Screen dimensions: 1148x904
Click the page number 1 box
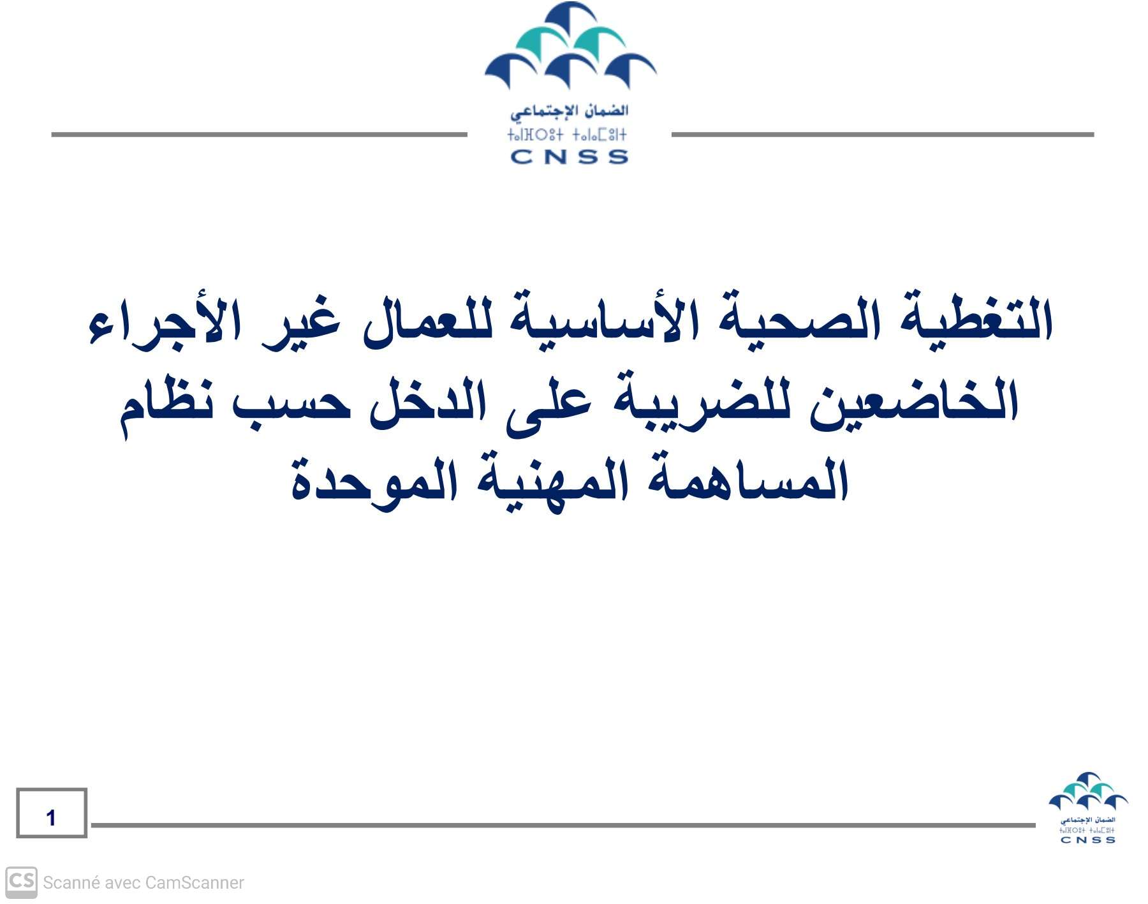(52, 813)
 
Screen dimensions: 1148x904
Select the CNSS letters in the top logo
(570, 157)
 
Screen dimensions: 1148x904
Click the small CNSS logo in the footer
(1088, 808)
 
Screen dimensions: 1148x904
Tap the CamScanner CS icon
(21, 882)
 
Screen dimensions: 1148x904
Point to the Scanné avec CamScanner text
(143, 883)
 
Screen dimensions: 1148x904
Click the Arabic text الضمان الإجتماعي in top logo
(570, 111)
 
